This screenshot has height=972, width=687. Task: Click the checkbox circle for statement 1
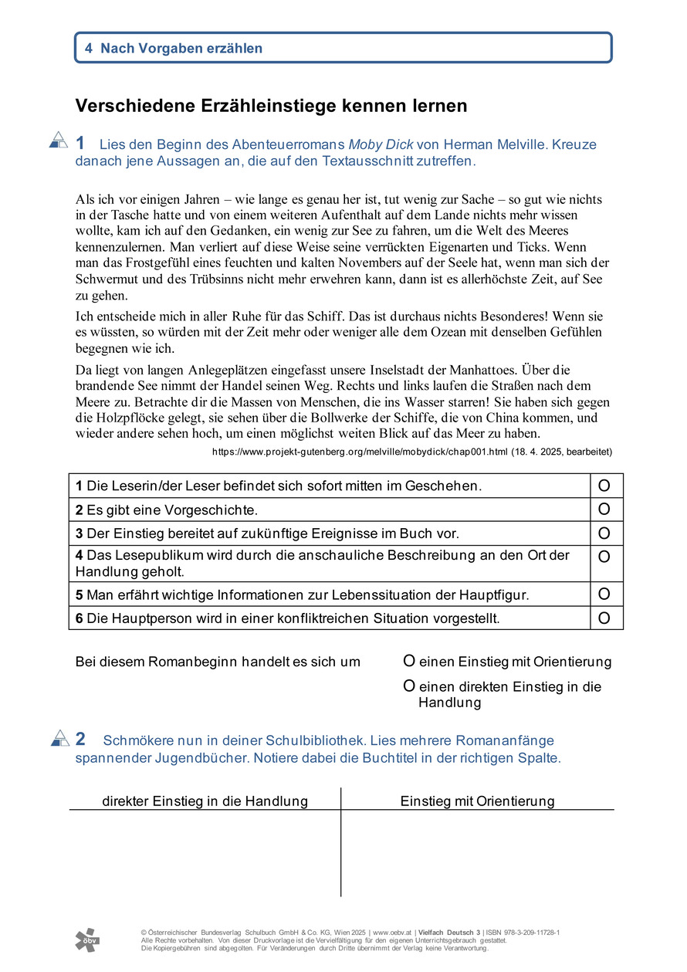(x=604, y=486)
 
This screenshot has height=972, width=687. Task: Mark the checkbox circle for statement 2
(x=604, y=510)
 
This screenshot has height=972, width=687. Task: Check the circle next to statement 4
(x=604, y=557)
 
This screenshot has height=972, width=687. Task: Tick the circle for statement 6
(x=604, y=618)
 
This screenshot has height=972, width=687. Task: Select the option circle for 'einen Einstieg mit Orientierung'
(x=409, y=662)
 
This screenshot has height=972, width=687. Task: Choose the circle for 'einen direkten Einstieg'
(x=409, y=686)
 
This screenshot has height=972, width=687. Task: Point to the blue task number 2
(x=80, y=740)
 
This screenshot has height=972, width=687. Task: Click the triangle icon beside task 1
(x=59, y=140)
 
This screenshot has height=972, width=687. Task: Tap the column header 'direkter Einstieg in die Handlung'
(x=205, y=801)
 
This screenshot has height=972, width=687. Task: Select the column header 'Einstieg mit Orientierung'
(x=477, y=801)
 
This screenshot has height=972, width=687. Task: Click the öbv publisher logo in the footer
(x=87, y=940)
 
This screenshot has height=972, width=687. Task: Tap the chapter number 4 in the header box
(x=89, y=48)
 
